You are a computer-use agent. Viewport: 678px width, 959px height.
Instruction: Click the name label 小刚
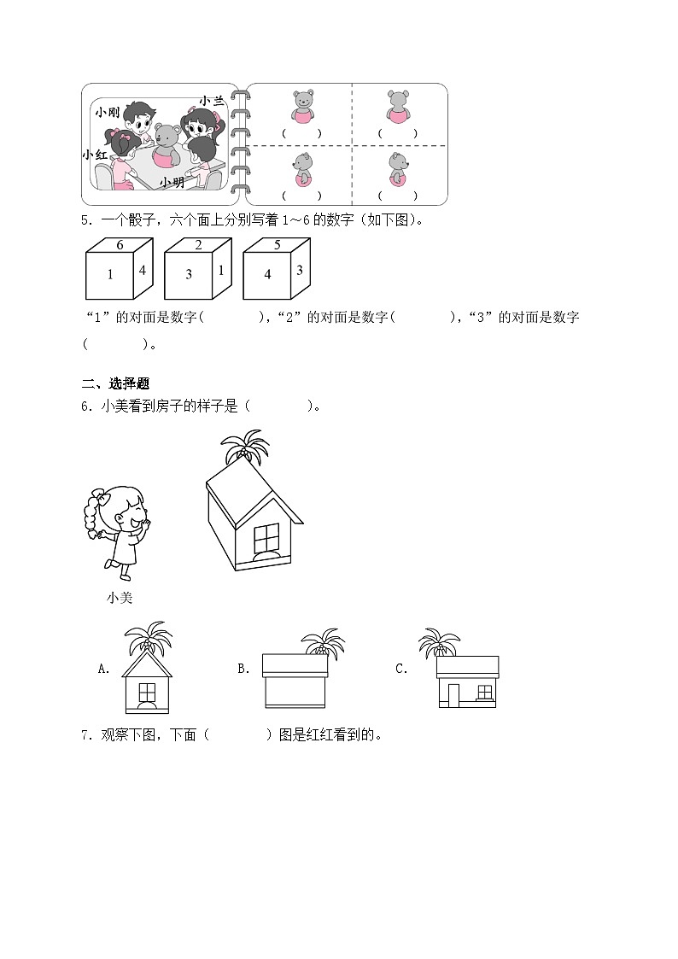[x=107, y=112]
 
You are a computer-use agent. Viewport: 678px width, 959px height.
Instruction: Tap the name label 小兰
[x=212, y=101]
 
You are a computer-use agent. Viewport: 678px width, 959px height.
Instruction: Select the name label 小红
[x=95, y=155]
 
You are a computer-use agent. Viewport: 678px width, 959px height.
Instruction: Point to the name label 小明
[x=172, y=182]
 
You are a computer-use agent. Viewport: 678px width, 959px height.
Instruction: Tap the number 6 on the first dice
[x=120, y=245]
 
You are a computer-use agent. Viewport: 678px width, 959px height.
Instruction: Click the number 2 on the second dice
[x=198, y=245]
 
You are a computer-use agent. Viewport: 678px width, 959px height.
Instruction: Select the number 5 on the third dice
[x=277, y=245]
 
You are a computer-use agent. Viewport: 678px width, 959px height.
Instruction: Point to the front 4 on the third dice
[x=267, y=275]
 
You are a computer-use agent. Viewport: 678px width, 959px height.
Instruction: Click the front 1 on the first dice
[x=110, y=275]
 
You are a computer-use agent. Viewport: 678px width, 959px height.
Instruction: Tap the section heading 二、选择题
[x=115, y=383]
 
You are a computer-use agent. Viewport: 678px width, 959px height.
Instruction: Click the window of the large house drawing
[x=266, y=538]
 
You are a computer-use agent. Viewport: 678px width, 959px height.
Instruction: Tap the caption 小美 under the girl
[x=120, y=598]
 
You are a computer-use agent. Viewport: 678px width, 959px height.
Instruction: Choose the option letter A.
[x=103, y=670]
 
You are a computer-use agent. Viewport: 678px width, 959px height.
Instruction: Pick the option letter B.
[x=243, y=670]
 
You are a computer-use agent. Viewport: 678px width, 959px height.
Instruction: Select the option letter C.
[x=401, y=670]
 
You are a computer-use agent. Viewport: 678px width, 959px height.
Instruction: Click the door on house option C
[x=453, y=695]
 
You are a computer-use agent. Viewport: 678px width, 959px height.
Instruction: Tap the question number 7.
[x=87, y=735]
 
